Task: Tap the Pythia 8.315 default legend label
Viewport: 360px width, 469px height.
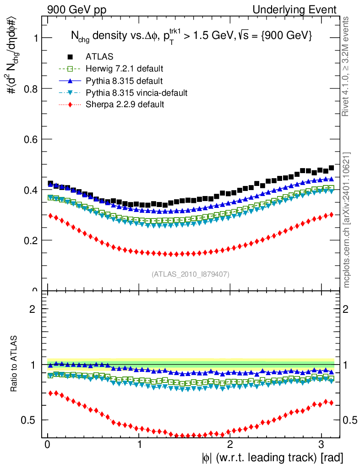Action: coord(124,81)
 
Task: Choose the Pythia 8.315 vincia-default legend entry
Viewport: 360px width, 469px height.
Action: coord(136,93)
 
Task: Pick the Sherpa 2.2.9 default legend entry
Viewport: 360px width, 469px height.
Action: coord(125,104)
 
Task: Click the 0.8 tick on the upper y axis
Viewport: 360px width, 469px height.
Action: coord(31,88)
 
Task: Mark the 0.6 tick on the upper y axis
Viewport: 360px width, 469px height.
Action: coord(31,139)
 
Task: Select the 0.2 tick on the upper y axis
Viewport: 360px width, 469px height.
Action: coord(31,240)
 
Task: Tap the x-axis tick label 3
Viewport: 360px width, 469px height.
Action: coord(321,445)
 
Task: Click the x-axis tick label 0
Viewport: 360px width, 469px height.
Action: coord(48,445)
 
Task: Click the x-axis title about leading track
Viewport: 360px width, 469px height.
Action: coord(272,458)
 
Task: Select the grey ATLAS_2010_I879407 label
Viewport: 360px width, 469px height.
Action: coord(191,274)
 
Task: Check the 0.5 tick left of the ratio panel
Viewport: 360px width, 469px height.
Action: coord(32,420)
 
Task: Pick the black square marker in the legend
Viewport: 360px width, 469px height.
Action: coord(70,57)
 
